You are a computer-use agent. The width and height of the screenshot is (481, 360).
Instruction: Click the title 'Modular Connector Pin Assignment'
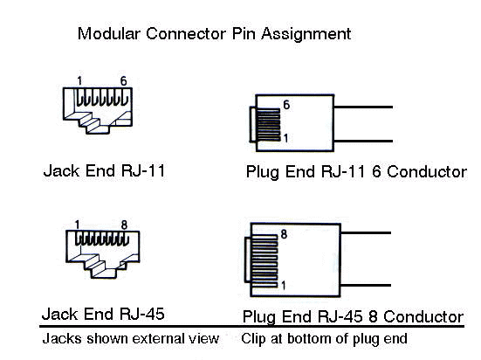tap(214, 34)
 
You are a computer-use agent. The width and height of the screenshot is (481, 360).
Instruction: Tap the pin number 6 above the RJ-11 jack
tap(123, 81)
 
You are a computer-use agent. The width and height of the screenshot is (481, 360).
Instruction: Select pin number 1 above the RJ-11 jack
tap(79, 81)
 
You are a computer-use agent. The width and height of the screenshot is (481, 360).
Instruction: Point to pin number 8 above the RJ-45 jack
tap(124, 225)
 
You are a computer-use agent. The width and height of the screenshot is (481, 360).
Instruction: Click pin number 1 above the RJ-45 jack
tap(77, 225)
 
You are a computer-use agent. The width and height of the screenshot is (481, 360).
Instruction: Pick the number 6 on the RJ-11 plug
tap(286, 105)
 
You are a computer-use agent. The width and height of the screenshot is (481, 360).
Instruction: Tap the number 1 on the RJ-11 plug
tap(285, 138)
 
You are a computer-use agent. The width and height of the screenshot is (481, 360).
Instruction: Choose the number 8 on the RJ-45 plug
tap(284, 234)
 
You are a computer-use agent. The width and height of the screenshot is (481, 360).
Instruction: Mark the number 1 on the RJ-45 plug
tap(283, 286)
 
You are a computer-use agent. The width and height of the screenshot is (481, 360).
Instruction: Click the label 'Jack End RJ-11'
tap(104, 170)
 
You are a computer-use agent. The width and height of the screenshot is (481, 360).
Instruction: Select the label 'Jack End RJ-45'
tap(103, 315)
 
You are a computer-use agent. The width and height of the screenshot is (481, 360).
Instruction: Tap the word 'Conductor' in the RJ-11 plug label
tap(427, 172)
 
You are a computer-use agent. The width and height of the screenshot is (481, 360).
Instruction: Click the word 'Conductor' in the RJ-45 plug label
tap(423, 316)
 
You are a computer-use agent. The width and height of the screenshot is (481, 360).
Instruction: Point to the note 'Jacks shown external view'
tap(131, 339)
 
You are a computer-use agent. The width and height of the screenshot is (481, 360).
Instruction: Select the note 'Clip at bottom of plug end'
tap(324, 339)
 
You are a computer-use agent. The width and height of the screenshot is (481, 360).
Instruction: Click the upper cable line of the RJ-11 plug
tap(363, 107)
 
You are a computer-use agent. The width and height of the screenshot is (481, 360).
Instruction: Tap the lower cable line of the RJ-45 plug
tap(366, 286)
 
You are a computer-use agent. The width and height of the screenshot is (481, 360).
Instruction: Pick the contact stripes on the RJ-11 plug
tap(269, 125)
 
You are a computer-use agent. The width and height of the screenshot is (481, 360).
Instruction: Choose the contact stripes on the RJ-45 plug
tap(265, 261)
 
